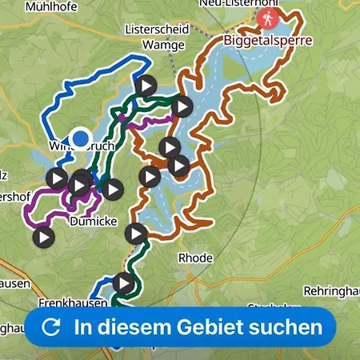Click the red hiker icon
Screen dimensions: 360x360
tap(274, 16)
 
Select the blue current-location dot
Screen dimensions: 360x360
tap(80, 138)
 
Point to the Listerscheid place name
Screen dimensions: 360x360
tap(157, 29)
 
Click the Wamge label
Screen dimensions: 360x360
tap(157, 46)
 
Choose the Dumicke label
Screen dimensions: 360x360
tap(94, 222)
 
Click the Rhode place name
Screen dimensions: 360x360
tap(195, 258)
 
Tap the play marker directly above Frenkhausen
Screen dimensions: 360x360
tap(123, 282)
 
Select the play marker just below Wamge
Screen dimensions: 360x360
tap(146, 85)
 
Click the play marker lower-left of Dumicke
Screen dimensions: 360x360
tap(43, 237)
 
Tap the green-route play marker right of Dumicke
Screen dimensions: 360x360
tap(137, 234)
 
